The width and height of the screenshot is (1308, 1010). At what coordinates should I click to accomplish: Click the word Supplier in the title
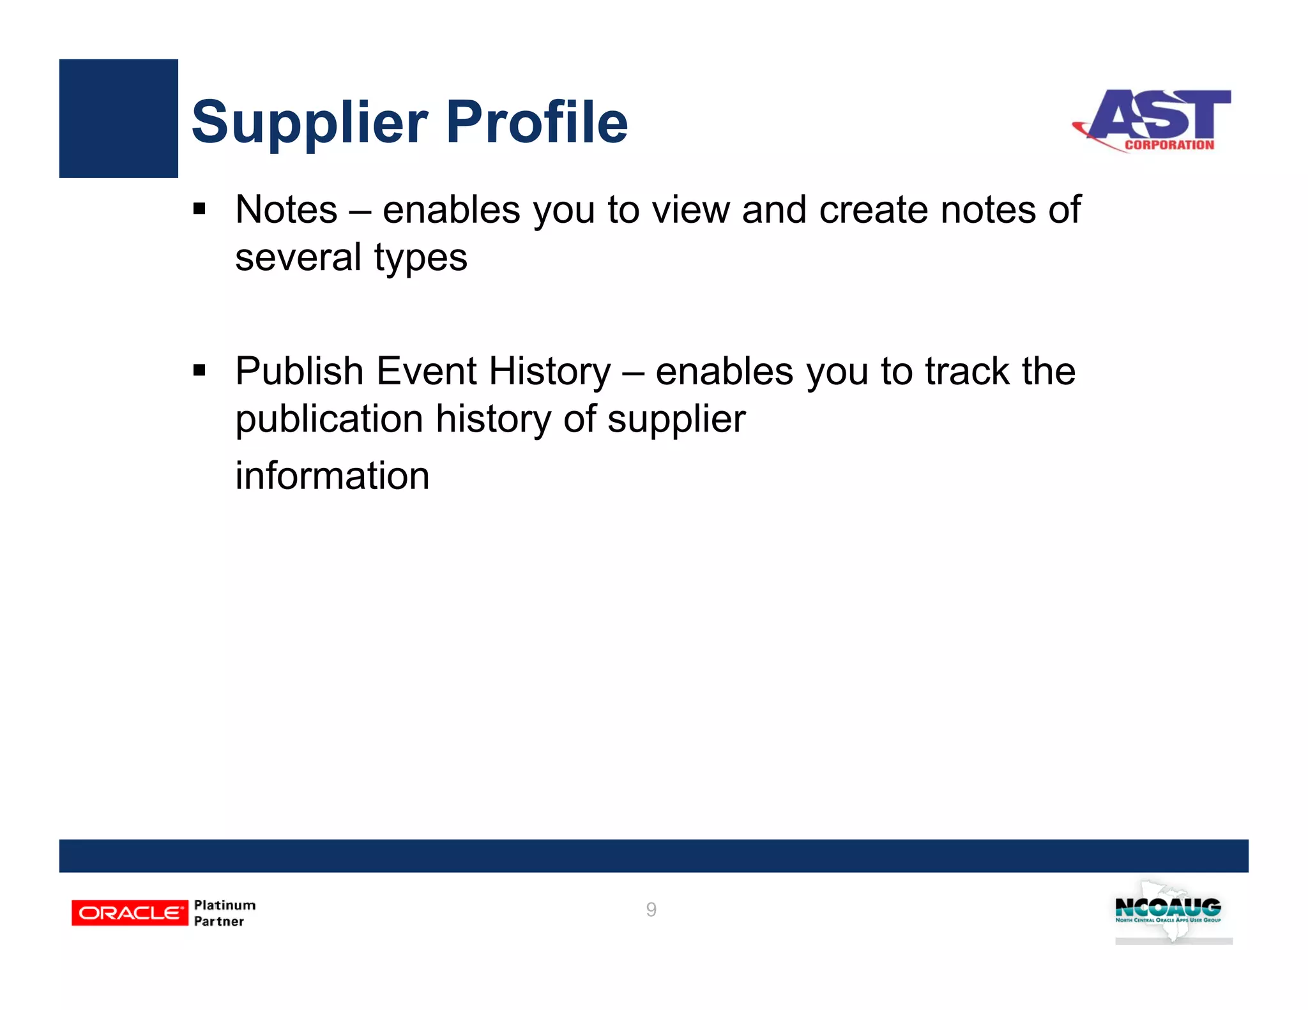(310, 123)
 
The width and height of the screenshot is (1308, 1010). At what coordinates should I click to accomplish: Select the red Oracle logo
(130, 912)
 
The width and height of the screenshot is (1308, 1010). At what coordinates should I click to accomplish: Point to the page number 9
(651, 909)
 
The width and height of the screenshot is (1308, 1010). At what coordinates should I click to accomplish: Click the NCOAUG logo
(1169, 912)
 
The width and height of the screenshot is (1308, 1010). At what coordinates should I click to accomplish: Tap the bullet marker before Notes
(199, 209)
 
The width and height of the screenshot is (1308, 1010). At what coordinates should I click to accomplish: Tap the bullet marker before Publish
(199, 370)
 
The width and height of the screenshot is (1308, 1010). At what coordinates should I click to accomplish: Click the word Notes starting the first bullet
(286, 209)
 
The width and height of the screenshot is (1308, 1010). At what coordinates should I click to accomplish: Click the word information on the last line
(332, 476)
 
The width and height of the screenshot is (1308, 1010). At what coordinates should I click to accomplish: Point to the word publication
(329, 419)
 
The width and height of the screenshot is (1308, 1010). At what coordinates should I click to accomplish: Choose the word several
(298, 257)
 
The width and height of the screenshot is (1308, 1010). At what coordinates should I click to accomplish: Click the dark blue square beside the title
(118, 118)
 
